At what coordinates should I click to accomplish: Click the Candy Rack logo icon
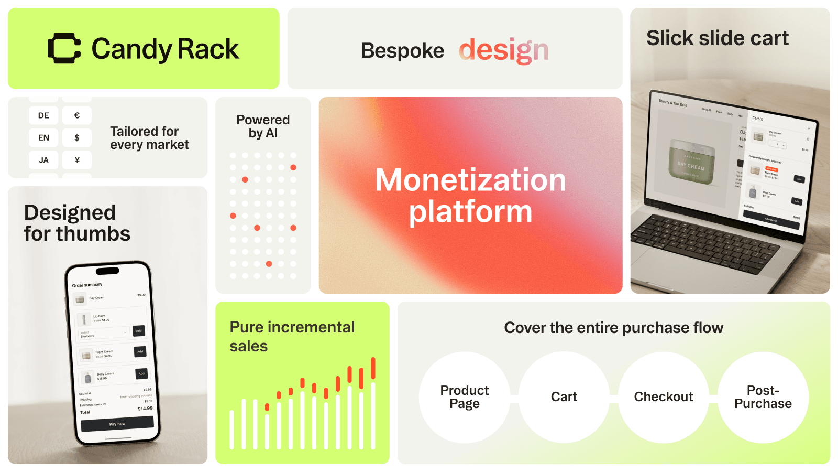click(64, 48)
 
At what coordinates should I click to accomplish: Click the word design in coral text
click(503, 50)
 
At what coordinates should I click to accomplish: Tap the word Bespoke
click(402, 51)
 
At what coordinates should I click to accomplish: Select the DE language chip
click(43, 115)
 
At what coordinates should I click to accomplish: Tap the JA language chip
click(43, 160)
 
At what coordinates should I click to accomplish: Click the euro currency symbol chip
click(77, 115)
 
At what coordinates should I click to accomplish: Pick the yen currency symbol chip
click(77, 160)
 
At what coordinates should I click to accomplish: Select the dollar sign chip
click(77, 137)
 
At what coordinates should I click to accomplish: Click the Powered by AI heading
click(263, 126)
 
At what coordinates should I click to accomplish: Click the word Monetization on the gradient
click(470, 180)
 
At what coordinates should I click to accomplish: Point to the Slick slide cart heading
click(717, 38)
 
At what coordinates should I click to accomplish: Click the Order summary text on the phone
click(87, 285)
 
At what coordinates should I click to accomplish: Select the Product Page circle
click(464, 397)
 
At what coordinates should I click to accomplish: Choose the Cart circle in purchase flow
click(564, 397)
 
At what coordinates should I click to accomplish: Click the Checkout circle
click(663, 397)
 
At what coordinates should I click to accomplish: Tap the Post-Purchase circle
click(763, 397)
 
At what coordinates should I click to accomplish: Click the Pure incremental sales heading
click(292, 336)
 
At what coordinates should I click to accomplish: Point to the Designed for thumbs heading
click(77, 223)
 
